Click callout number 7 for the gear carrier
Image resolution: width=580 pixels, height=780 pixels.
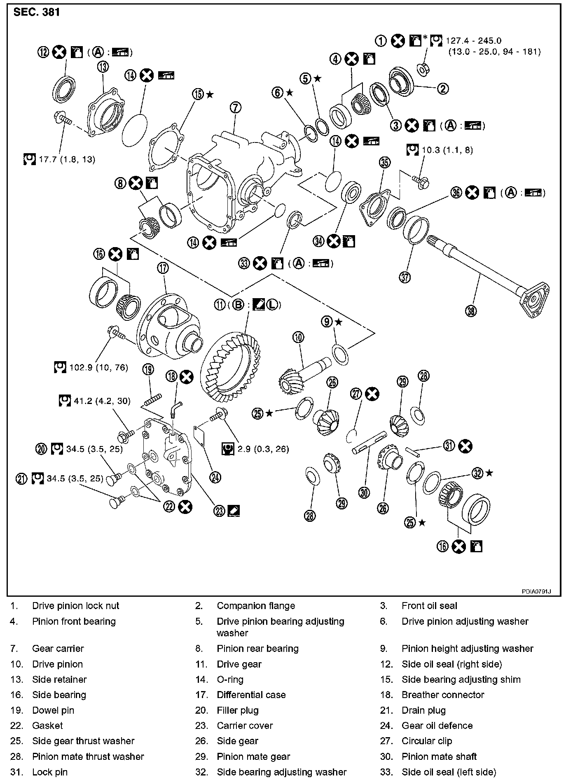pos(235,108)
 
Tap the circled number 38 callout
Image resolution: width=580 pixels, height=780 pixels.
pos(471,311)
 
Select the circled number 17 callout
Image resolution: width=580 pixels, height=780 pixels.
pos(163,268)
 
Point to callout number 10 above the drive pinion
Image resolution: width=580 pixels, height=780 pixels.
pos(299,338)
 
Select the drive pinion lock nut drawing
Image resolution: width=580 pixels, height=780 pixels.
pos(423,69)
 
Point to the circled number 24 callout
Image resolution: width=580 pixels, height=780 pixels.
pos(215,477)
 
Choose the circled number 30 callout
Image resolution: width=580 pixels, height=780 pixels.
pos(364,492)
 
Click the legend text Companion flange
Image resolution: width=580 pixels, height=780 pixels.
pos(256,605)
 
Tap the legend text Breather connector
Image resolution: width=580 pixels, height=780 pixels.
pos(443,695)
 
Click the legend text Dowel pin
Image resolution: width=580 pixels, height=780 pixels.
pos(53,710)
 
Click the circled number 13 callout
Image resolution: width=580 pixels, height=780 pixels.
pos(103,66)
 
